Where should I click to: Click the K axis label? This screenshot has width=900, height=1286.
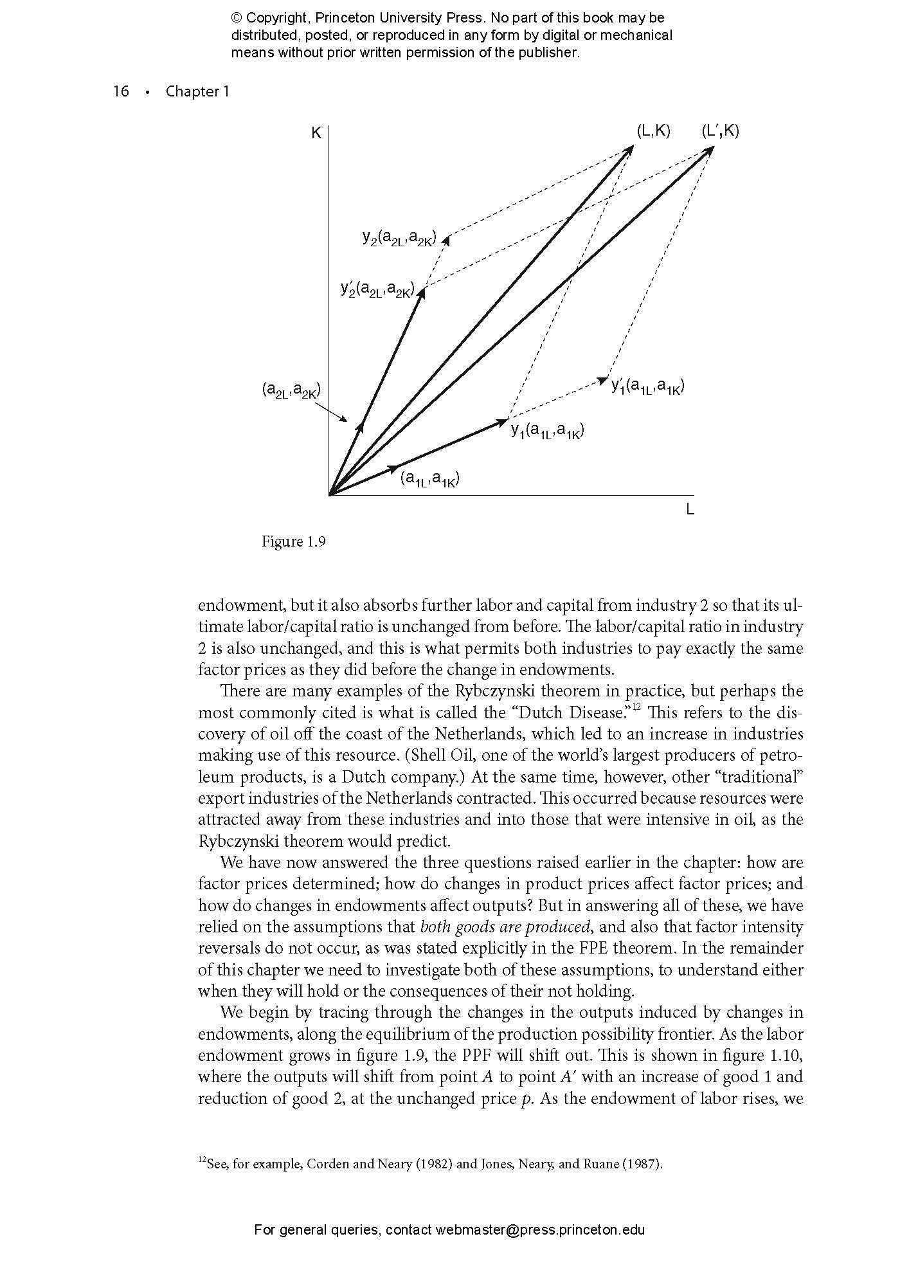(316, 134)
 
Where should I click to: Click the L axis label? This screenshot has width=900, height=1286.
(690, 510)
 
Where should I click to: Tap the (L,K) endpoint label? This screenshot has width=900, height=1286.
(653, 131)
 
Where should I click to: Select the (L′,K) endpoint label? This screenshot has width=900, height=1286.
(720, 131)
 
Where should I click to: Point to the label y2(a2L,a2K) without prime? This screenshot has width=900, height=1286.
(399, 239)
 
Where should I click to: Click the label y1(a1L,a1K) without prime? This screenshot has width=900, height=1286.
(547, 430)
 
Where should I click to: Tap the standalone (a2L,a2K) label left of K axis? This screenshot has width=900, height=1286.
(291, 390)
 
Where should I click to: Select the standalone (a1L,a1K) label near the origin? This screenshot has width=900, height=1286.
(430, 478)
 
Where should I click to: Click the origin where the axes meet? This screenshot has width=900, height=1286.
(329, 495)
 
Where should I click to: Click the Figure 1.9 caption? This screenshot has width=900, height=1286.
(294, 541)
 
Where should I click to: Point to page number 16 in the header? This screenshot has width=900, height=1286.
(121, 91)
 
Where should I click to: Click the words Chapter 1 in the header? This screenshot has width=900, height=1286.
(197, 91)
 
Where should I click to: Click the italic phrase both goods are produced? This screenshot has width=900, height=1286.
(505, 927)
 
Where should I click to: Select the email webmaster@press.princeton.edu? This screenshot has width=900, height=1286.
(540, 1230)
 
